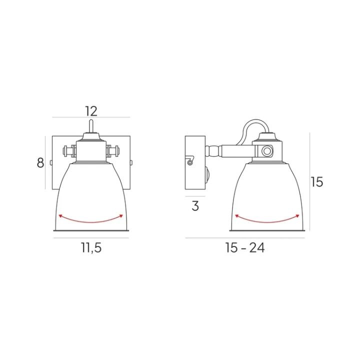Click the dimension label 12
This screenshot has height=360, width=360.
91,111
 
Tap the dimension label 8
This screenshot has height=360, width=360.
40,163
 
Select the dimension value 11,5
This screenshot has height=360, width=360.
91,248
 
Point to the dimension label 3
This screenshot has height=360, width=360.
195,206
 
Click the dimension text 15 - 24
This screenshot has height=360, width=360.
245,248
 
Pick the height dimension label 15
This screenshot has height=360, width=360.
317,182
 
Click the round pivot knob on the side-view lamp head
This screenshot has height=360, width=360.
267,151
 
